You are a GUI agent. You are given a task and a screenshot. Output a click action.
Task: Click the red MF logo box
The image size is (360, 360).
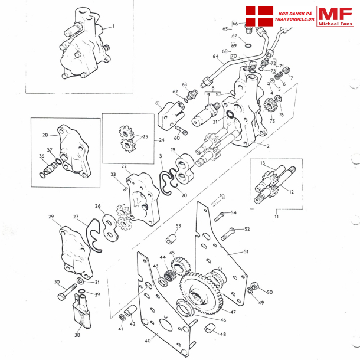coord(335,17)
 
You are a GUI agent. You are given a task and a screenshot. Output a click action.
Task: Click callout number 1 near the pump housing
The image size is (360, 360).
coord(113,26)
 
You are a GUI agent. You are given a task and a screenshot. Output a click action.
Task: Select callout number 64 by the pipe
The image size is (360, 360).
coord(215,57)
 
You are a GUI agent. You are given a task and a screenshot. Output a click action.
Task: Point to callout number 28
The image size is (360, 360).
coord(45,135)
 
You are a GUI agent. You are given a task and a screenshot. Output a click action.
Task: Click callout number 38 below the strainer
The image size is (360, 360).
coord(77,335)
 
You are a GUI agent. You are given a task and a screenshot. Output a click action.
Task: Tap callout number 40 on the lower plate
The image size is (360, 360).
coord(148,340)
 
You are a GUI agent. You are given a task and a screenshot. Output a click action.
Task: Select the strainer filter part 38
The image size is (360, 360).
coord(81,312)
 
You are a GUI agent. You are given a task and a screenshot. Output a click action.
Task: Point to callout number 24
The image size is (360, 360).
coord(162,140)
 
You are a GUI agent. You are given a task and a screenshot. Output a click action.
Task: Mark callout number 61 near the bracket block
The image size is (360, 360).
coord(158,103)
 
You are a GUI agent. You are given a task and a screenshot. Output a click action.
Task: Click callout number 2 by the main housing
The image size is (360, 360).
coord(268,146)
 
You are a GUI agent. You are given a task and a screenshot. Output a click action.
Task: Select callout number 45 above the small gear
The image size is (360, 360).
coord(172,253)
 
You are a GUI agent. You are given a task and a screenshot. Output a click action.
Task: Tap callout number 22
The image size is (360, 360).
coord(125,167)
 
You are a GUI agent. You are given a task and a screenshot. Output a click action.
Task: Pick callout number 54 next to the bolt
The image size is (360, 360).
coord(234,212)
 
